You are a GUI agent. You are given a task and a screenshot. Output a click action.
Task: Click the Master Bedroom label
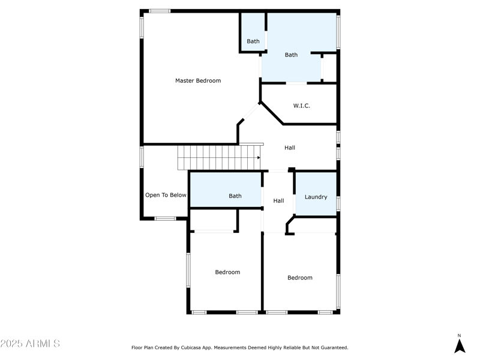198,80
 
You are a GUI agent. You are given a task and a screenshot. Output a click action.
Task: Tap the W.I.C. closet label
302,106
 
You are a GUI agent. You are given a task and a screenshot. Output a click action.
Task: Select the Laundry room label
316,197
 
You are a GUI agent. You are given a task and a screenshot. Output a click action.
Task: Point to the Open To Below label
166,195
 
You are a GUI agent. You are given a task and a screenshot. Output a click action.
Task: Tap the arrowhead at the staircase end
259,158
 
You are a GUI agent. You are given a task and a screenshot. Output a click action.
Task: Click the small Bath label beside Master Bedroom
253,41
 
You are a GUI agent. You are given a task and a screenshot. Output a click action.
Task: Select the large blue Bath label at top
291,55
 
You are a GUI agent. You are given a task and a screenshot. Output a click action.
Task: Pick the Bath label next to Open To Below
235,196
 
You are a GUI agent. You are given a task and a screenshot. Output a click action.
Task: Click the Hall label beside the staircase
290,148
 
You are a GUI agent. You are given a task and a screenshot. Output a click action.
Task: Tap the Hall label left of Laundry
278,200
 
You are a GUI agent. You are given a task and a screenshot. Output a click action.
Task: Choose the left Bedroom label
227,272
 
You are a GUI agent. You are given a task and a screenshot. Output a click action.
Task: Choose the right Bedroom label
299,278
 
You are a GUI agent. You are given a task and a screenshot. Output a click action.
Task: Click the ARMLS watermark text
30,344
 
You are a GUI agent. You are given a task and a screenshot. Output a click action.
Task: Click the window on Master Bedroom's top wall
160,11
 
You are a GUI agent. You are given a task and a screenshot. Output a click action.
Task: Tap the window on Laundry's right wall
338,203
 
